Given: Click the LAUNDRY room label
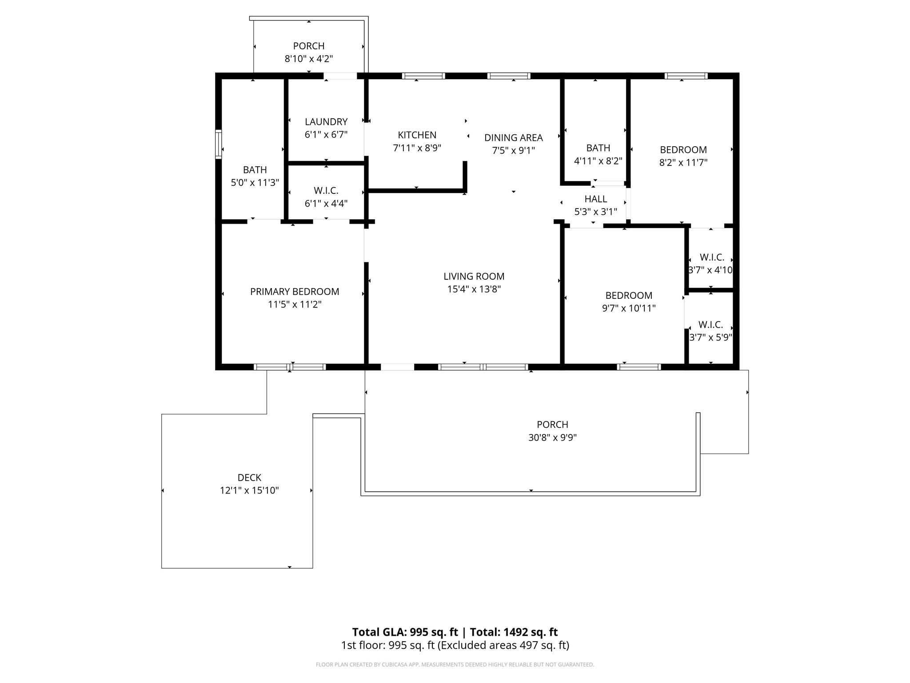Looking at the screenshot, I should click(x=326, y=122).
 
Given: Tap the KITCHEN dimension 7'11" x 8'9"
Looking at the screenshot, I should click(x=417, y=148).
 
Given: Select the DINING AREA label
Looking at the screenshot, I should click(x=513, y=138).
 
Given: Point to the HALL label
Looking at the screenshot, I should click(x=595, y=199).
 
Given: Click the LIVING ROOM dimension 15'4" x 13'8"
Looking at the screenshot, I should click(x=474, y=289).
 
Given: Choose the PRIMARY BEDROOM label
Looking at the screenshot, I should click(x=295, y=292).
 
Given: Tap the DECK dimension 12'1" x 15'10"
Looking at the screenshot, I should click(x=249, y=490).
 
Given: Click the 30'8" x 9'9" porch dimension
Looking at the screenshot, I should click(x=552, y=438).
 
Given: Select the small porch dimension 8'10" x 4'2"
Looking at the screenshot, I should click(x=309, y=59).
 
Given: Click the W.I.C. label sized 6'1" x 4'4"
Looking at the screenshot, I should click(x=326, y=191).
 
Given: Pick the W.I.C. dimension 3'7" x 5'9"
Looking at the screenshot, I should click(x=710, y=337).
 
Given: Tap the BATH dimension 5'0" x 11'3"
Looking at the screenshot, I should click(x=255, y=183).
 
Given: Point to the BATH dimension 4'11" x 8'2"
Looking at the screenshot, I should click(x=598, y=161).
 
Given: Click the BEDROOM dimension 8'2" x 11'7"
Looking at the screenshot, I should click(x=683, y=163).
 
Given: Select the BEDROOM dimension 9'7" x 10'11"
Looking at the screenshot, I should click(x=629, y=308).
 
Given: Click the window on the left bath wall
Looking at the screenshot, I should click(x=218, y=144).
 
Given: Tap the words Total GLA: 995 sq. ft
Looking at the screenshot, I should click(x=405, y=632).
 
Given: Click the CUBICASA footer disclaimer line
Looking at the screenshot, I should click(x=455, y=665).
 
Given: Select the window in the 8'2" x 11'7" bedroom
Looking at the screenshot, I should click(x=686, y=76).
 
